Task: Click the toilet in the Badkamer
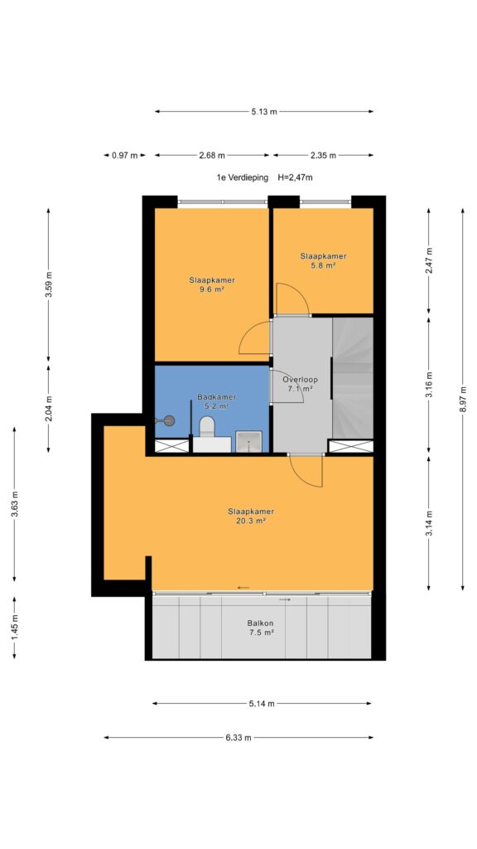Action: pos(206,426)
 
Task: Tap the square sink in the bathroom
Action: pos(248,441)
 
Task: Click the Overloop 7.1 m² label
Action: pos(298,383)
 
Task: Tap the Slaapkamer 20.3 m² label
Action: pos(250,516)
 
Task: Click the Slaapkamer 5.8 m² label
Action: pos(323,260)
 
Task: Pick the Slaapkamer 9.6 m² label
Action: pos(212,284)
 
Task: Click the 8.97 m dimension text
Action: pos(462,400)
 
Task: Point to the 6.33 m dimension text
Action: pos(238,737)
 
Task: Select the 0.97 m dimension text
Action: pos(124,155)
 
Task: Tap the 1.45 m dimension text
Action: pos(15,628)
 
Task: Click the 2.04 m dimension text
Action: pos(48,408)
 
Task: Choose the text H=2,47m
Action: pos(296,177)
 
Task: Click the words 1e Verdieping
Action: pos(239,177)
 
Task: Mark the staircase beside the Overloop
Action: pos(352,377)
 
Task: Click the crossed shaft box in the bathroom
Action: pos(172,445)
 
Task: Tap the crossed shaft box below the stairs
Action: pos(351,445)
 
